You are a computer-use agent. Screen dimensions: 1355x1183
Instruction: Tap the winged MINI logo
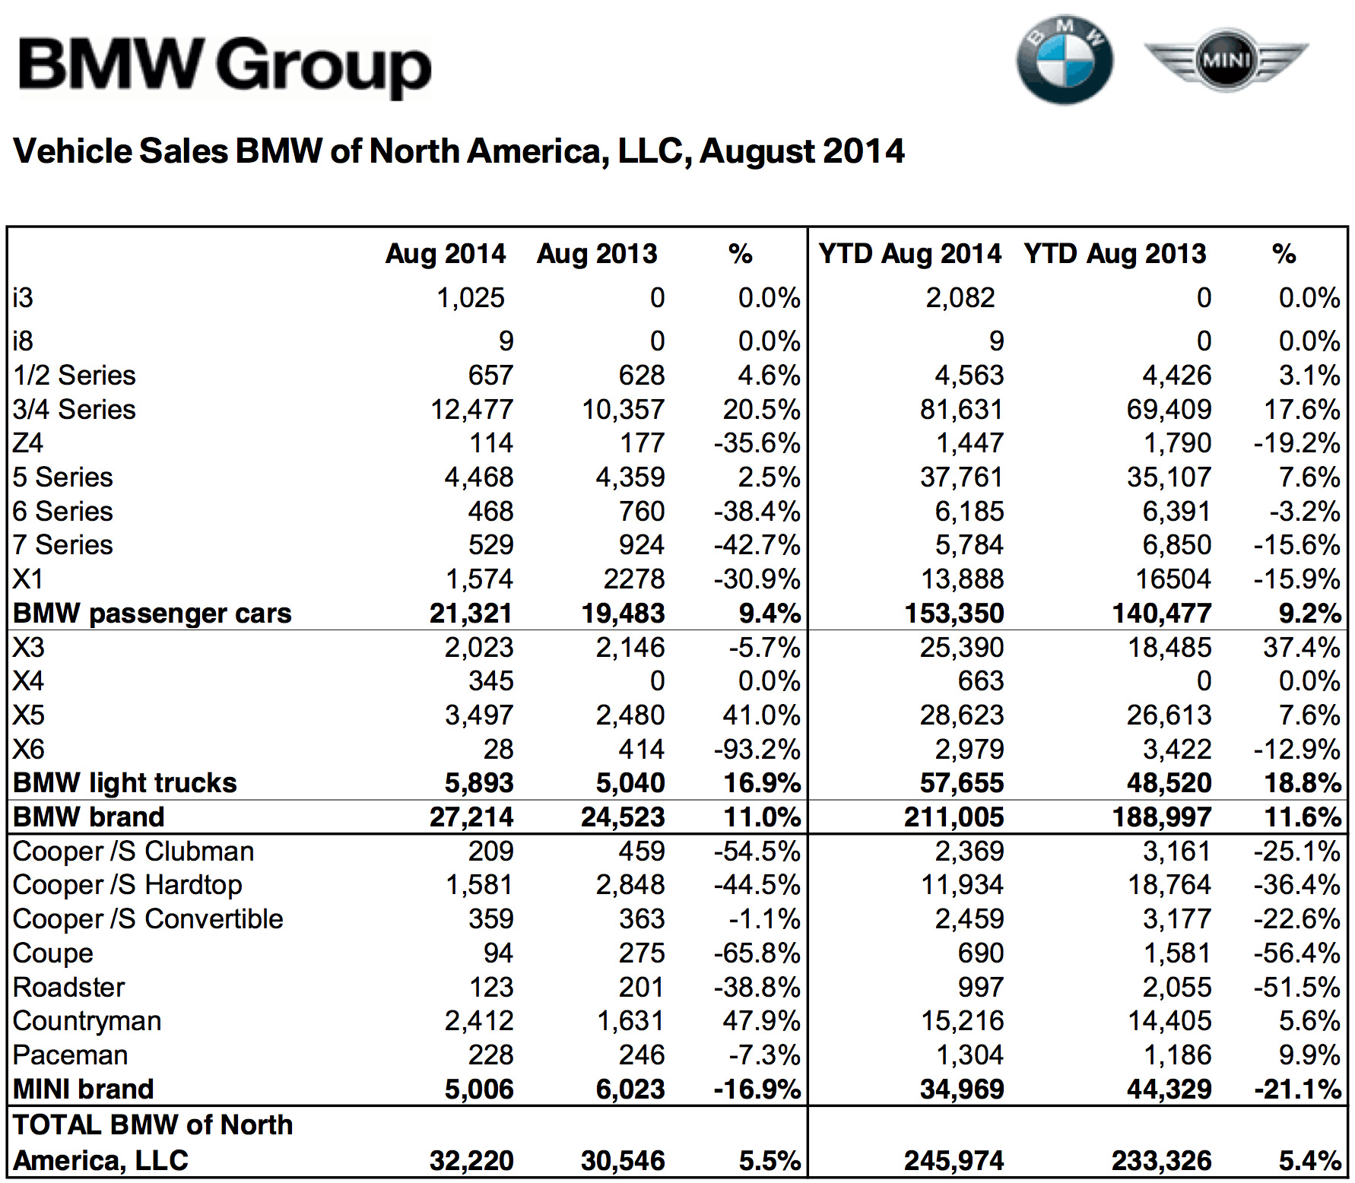pos(1226,59)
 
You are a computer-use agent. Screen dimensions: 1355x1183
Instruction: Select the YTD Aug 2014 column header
pos(909,253)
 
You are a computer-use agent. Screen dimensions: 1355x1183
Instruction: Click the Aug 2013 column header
pos(597,253)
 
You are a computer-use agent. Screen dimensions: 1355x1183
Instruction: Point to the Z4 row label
pos(28,443)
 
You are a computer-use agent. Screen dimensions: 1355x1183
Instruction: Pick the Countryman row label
pos(87,1021)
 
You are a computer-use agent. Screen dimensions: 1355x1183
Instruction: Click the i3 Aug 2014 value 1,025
pos(471,297)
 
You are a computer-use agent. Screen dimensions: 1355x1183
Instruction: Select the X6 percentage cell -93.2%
pos(757,750)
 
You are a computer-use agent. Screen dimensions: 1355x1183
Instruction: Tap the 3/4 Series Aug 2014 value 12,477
pos(472,410)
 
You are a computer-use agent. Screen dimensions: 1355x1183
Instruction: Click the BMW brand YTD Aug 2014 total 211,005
pos(954,817)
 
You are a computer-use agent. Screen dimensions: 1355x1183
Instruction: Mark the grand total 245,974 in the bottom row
pos(954,1161)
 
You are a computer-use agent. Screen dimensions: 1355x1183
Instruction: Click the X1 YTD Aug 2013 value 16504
pos(1173,579)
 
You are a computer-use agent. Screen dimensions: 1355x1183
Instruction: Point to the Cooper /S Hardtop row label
pos(128,885)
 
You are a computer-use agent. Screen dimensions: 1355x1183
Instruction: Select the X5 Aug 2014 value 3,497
pos(479,715)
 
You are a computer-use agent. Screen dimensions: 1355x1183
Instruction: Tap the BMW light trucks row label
pos(125,783)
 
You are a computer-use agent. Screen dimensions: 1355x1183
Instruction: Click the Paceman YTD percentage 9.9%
pos(1309,1055)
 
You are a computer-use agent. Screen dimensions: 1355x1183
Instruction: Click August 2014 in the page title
pos(802,151)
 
